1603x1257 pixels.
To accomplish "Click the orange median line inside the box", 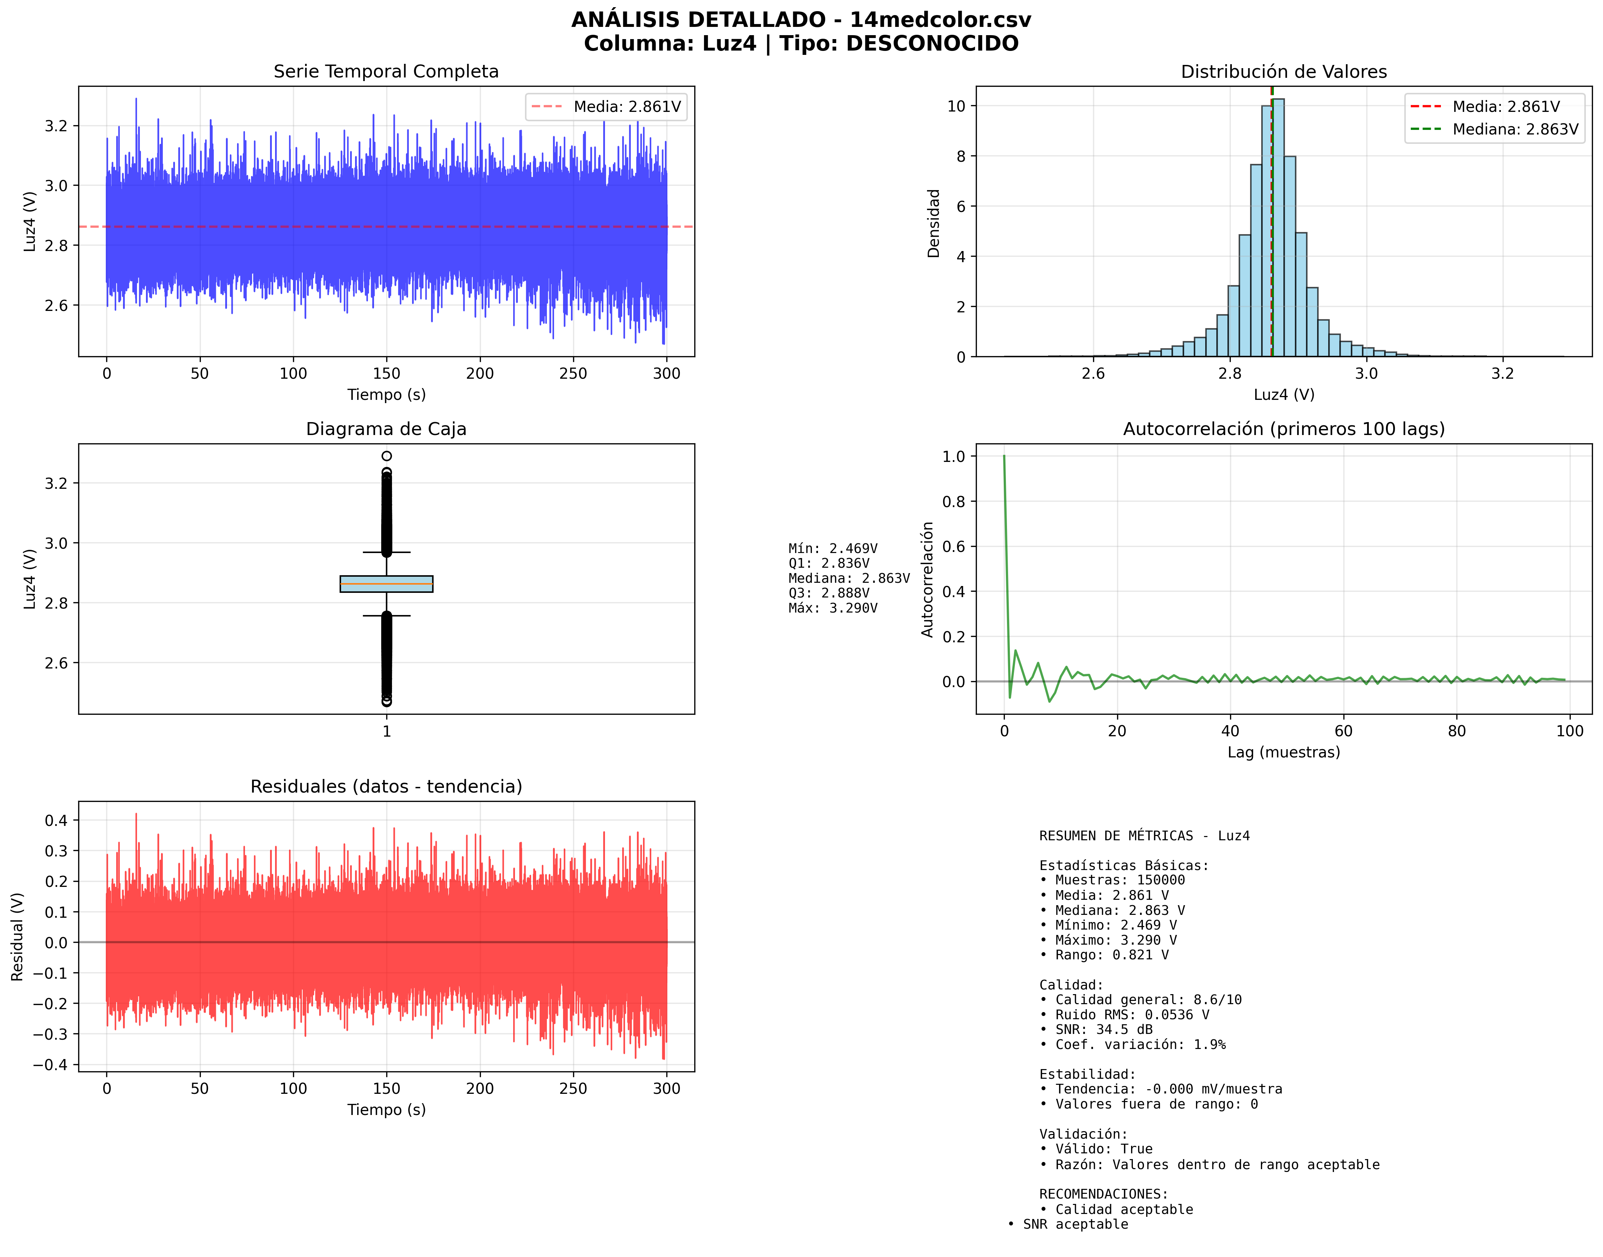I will pyautogui.click(x=386, y=583).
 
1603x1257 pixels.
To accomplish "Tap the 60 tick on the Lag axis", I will pyautogui.click(x=1343, y=731).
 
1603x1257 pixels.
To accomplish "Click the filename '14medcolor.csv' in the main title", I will pyautogui.click(x=941, y=20).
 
